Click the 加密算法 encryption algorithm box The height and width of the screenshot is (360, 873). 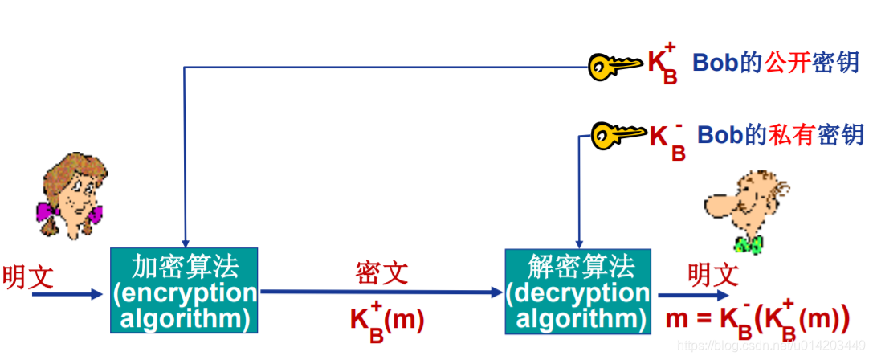184,291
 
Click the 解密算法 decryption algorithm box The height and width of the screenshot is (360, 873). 577,291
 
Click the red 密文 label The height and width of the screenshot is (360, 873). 381,272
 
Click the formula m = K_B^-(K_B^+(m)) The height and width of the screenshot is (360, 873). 757,317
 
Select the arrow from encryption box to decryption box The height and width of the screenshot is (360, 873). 381,292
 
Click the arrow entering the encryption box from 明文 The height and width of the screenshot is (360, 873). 68,294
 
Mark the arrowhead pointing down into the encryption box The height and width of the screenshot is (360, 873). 185,242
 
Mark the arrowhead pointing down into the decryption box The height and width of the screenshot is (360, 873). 576,242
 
